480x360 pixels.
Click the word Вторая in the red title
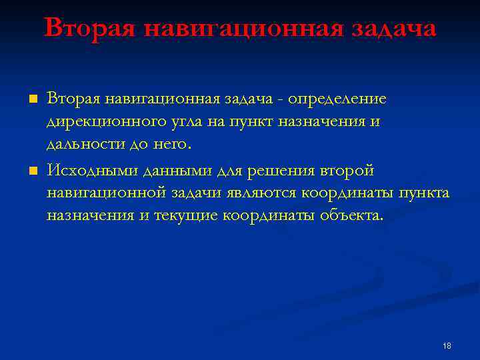89,28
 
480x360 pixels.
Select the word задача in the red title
393,28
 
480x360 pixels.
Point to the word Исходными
91,171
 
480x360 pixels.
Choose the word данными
175,171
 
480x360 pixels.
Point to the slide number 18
447,345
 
